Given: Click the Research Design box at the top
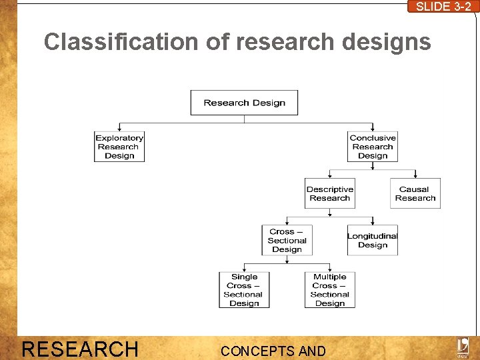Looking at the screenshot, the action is coord(244,103).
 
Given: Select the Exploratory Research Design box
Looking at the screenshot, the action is coord(119,147).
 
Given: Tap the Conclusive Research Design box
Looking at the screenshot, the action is coord(373,147).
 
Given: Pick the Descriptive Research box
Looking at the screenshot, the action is coord(329,193).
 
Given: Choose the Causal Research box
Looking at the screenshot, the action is coord(415,193).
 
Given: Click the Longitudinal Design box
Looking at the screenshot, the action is coord(373,240).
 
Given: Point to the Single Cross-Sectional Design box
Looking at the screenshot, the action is coord(244,290).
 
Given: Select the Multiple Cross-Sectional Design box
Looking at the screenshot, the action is coord(329,290).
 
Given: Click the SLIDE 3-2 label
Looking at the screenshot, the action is coord(443,7).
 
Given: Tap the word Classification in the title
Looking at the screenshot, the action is coord(121,42).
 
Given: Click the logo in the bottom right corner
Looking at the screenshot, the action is coord(462,347).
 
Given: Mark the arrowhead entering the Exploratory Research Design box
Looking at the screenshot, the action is coord(119,129).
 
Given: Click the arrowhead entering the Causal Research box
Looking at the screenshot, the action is coord(415,176).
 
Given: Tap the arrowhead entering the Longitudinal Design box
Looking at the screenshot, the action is coord(373,223).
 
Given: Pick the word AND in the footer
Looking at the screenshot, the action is coord(312,351).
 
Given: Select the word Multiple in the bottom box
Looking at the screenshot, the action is coord(329,277).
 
